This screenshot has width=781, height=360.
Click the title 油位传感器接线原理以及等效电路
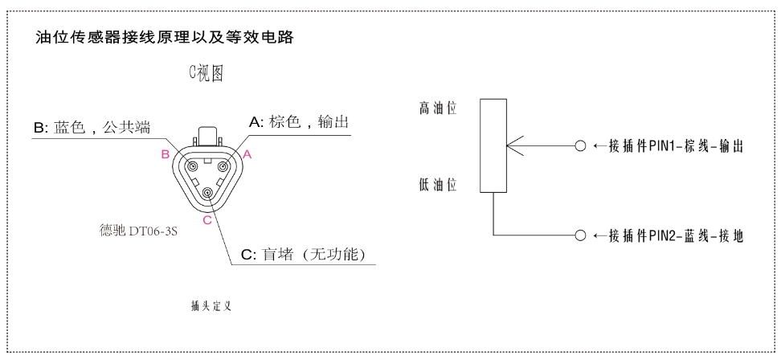(165, 38)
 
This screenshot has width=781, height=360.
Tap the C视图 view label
(206, 73)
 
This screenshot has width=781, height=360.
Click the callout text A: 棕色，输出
(298, 122)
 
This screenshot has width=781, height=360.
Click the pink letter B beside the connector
(166, 155)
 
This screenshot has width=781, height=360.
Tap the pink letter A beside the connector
(247, 155)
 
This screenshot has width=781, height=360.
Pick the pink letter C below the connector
(207, 219)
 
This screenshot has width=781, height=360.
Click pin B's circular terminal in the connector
(191, 165)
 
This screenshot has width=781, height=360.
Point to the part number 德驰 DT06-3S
(138, 231)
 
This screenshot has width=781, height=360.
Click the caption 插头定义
(211, 306)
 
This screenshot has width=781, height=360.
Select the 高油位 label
(438, 108)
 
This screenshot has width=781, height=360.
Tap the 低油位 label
(438, 186)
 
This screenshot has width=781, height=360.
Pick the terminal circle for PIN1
(580, 146)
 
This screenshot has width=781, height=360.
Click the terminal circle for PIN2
(580, 235)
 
